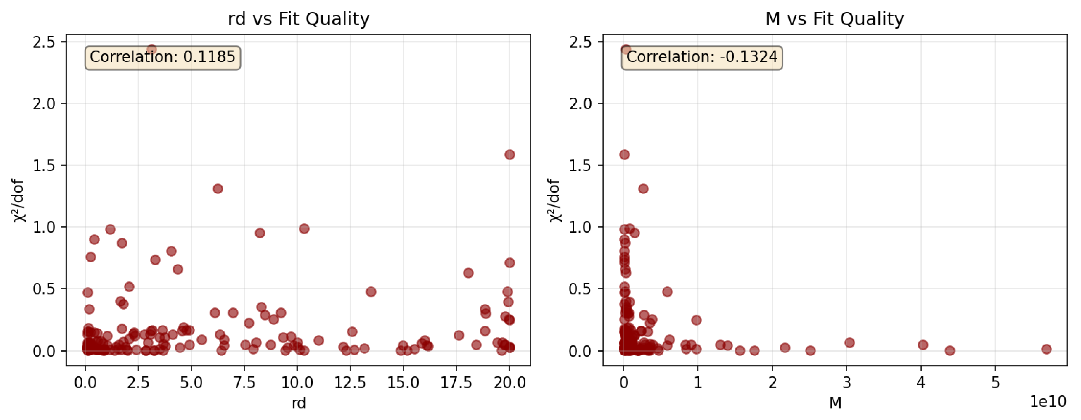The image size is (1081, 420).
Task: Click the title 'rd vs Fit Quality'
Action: [298, 19]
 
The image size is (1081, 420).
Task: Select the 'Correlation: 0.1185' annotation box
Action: [162, 58]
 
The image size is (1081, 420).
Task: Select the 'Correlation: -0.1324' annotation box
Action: [702, 58]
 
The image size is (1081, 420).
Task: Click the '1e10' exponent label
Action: [1048, 402]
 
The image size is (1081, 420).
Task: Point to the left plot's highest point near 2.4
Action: [151, 49]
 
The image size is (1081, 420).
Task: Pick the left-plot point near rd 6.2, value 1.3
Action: [217, 189]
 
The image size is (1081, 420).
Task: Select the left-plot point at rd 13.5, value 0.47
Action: [370, 292]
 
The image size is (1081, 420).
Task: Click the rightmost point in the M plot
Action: [1046, 349]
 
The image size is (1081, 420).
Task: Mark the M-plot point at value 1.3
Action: [643, 189]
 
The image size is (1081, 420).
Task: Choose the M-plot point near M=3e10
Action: [849, 343]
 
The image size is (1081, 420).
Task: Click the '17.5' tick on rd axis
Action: [456, 382]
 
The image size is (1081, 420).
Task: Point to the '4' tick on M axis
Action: [921, 382]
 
